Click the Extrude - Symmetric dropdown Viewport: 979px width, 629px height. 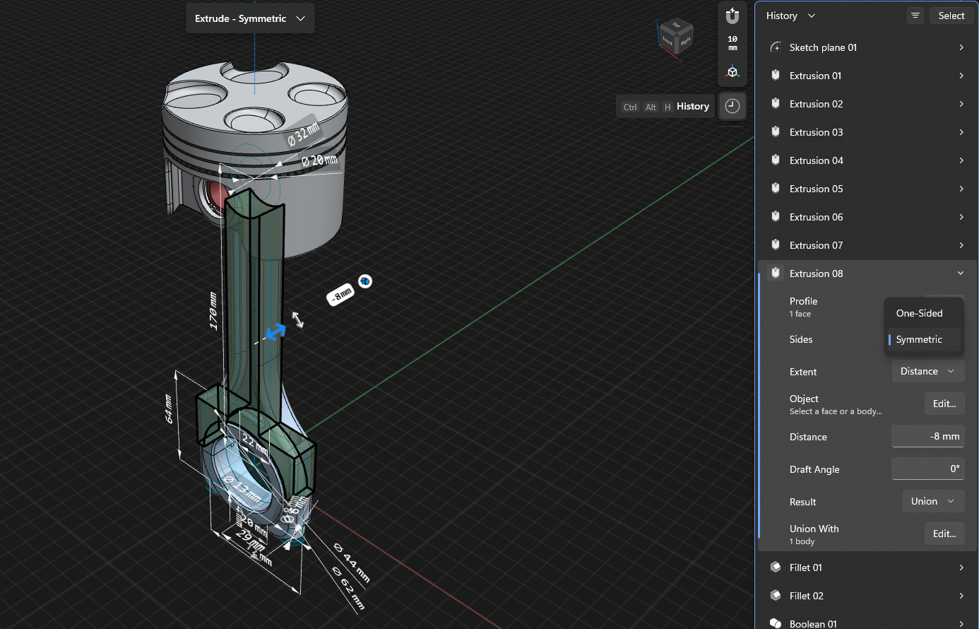[x=250, y=18]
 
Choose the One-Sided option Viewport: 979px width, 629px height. [x=919, y=313]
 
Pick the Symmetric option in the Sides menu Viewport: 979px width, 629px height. [x=919, y=339]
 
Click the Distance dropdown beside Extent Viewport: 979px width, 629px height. [x=927, y=371]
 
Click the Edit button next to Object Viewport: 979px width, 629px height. [x=944, y=404]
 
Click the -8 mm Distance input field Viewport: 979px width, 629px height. [x=927, y=436]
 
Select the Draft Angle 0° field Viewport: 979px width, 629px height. [x=927, y=469]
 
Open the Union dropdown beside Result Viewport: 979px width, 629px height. [x=932, y=501]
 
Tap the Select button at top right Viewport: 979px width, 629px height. [x=951, y=16]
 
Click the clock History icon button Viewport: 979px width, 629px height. [x=732, y=106]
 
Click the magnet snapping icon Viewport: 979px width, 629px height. [x=732, y=16]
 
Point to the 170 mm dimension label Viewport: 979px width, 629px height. [x=213, y=310]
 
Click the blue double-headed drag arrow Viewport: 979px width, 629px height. [x=275, y=331]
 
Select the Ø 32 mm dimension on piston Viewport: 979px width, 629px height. [x=303, y=134]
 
